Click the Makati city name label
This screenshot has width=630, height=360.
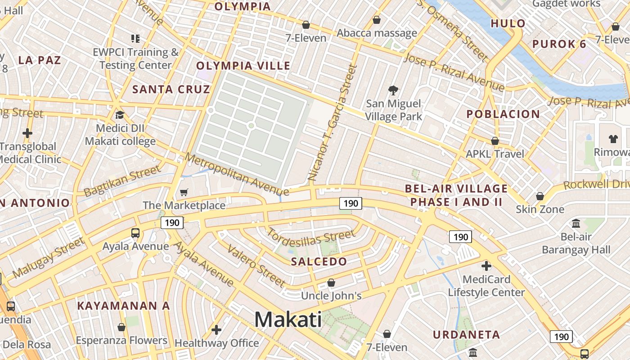pos(288,319)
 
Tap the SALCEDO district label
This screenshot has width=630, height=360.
pos(319,261)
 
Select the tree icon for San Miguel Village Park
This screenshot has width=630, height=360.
pos(393,90)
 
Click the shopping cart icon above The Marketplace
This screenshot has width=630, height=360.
pos(184,193)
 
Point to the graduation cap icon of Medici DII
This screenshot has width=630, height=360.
pos(120,115)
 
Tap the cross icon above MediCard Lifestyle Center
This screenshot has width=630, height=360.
pos(486,265)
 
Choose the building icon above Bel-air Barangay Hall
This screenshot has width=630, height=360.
pos(576,223)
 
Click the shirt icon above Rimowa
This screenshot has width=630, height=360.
pos(613,139)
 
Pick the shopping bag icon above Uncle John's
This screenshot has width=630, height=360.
pos(331,283)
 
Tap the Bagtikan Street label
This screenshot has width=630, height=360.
pos(122,180)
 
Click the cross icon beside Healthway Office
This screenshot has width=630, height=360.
pos(216,330)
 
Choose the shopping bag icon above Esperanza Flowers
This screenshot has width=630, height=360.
pos(121,327)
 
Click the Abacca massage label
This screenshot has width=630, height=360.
pos(377,33)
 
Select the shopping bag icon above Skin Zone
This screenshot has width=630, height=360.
pos(540,196)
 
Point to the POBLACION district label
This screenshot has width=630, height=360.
pos(503,114)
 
